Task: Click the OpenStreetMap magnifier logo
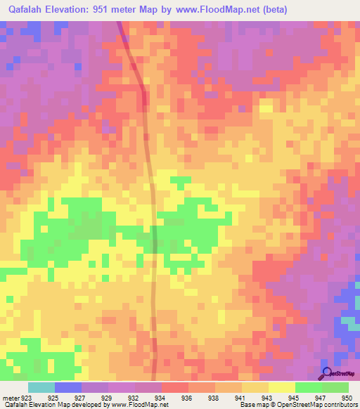(x=327, y=373)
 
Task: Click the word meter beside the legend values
(x=11, y=397)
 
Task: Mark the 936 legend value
(x=186, y=397)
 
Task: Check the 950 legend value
(x=345, y=397)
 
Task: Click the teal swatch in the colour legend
(x=41, y=387)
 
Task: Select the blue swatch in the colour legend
(x=67, y=387)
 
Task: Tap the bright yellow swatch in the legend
(x=281, y=387)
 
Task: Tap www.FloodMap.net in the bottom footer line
(x=140, y=405)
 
